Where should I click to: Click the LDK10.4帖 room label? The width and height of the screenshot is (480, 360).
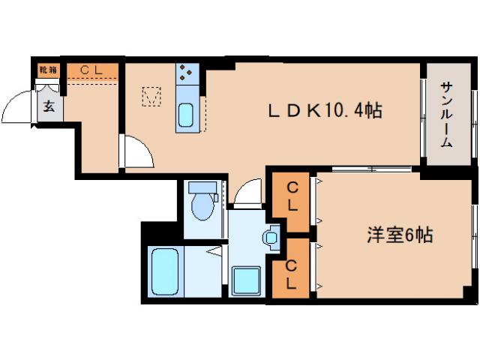click(x=325, y=111)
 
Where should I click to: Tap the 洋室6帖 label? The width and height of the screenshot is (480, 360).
click(x=400, y=235)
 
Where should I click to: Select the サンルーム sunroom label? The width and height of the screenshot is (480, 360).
click(x=447, y=115)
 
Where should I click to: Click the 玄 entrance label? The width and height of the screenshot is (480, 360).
click(x=49, y=106)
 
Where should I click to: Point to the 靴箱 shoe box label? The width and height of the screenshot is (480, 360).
click(x=48, y=70)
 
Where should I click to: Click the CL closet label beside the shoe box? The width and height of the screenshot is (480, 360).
click(x=91, y=70)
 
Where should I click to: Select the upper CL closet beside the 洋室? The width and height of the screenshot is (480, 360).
click(x=292, y=196)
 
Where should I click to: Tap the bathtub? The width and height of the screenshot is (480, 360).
click(x=165, y=271)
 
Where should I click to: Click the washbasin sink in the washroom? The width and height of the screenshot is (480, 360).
click(x=271, y=238)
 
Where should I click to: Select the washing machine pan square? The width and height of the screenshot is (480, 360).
click(x=246, y=281)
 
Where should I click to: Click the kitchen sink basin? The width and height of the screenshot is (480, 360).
click(x=185, y=115)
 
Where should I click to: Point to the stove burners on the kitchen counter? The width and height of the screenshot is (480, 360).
click(x=186, y=73)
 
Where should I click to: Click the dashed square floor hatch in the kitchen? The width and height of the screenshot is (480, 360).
click(x=151, y=97)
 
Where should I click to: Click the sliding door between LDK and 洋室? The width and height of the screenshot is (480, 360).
click(x=372, y=168)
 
